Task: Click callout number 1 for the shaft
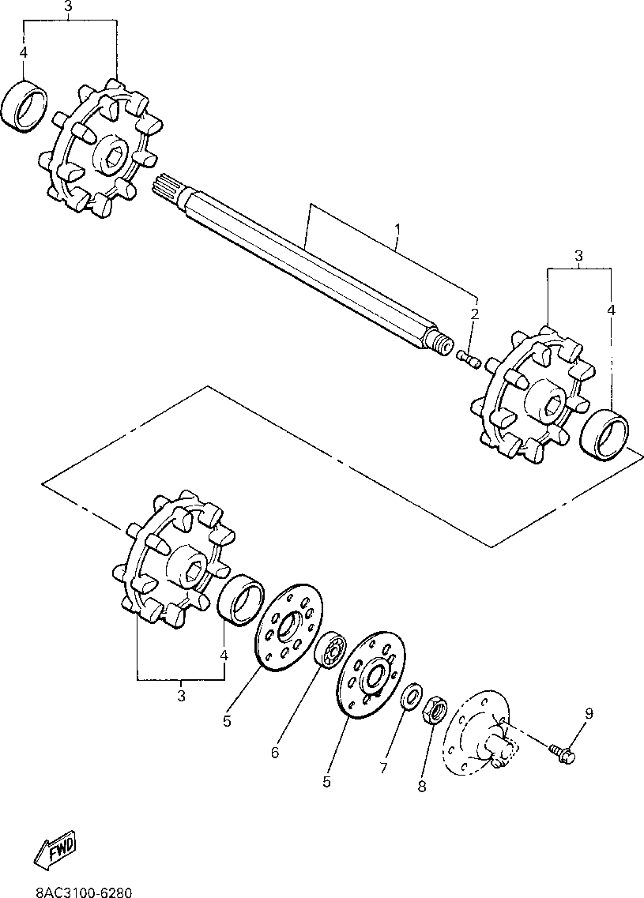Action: pos(397,230)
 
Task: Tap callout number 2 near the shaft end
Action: pos(475,314)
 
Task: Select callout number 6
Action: pos(275,753)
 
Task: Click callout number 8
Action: pos(422,786)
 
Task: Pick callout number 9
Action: pos(589,714)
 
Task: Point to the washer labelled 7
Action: pos(410,699)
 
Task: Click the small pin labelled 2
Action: pos(469,359)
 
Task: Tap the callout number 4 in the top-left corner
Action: pos(24,53)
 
